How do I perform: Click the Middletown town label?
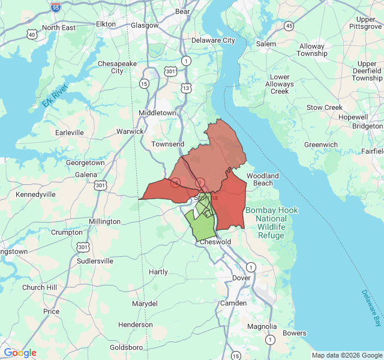(157, 113)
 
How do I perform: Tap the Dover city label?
(241, 278)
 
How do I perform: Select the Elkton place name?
(110, 24)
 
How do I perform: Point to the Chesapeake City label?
(110, 67)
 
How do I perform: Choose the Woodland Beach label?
(263, 179)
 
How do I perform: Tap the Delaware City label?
(213, 40)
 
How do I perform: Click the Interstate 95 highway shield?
(56, 7)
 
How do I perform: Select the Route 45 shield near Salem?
(289, 26)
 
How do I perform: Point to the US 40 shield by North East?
(31, 35)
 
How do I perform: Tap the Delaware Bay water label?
(371, 308)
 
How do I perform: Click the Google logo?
(20, 353)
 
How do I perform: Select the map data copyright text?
(346, 355)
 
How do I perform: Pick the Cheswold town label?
(215, 242)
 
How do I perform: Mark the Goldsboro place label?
(126, 347)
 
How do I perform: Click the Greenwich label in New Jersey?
(320, 145)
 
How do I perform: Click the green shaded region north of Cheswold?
(201, 226)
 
